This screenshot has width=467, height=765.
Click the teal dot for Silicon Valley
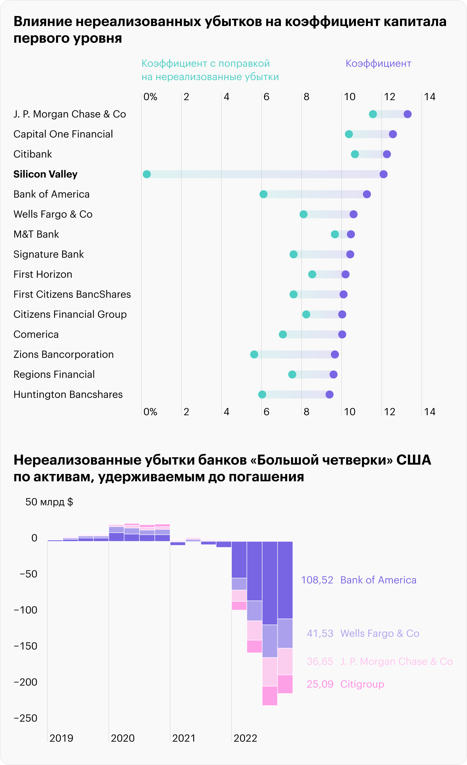point(147,174)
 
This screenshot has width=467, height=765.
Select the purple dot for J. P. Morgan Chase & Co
point(407,114)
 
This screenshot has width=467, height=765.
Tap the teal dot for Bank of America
point(264,194)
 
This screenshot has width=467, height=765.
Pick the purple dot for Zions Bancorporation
point(335,354)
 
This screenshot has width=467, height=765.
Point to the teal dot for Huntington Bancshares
point(262,395)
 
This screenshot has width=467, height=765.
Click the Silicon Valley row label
point(45,174)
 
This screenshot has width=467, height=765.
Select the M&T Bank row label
point(36,234)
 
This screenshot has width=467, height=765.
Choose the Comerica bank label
point(36,334)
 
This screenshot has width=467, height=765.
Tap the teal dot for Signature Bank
point(294,254)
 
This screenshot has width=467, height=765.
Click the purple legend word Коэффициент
point(378,63)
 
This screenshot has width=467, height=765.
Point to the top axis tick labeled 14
point(430,97)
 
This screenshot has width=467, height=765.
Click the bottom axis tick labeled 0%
point(150,412)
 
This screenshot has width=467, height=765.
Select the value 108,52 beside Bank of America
point(317,580)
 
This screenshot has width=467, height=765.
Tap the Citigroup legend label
point(362,684)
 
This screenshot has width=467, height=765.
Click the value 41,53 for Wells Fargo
point(320,633)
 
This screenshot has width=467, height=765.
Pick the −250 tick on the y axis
point(25,718)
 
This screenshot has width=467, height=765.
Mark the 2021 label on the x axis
point(184,738)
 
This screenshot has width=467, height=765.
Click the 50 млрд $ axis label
point(49,502)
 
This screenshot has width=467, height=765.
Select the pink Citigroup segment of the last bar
point(285,684)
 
